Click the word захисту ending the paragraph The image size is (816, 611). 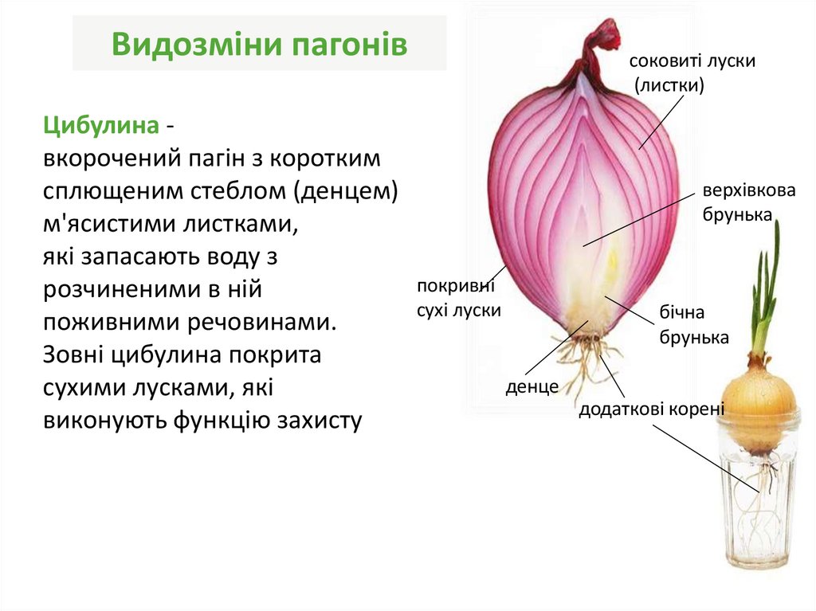tap(319, 420)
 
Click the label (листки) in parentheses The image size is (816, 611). tap(669, 85)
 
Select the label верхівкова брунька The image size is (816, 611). tap(738, 202)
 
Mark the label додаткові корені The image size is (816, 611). tap(651, 409)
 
